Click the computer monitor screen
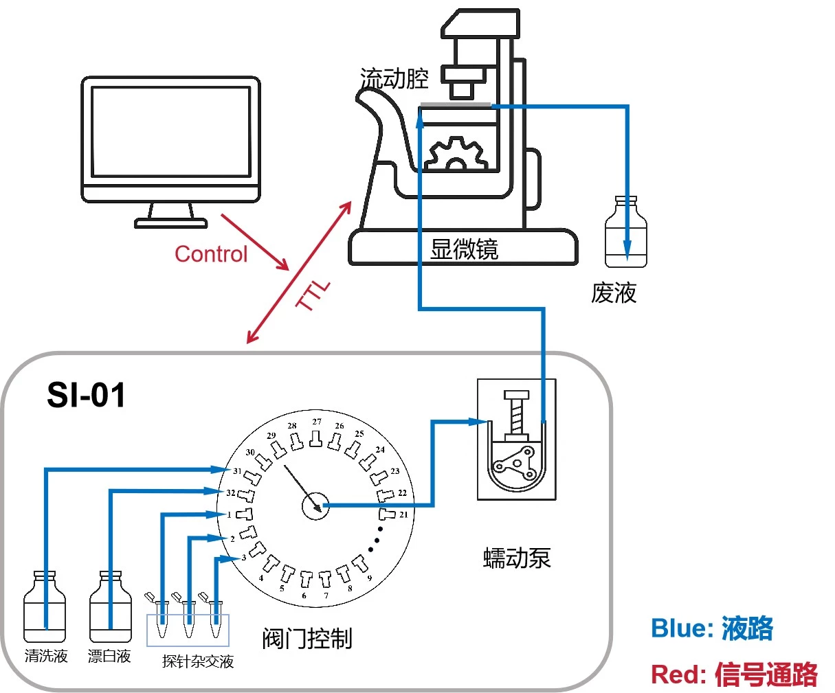[170, 133]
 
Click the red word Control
[210, 254]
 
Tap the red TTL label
[313, 295]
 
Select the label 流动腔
[394, 78]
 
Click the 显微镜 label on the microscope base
[464, 249]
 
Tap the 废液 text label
[614, 293]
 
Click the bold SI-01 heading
[86, 396]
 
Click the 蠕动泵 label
[517, 558]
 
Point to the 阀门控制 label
[307, 639]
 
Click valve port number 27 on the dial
[316, 422]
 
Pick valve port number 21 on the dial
[403, 514]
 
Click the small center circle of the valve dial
[315, 506]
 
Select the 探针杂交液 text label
[198, 661]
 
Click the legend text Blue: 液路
[712, 628]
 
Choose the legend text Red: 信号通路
[734, 674]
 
